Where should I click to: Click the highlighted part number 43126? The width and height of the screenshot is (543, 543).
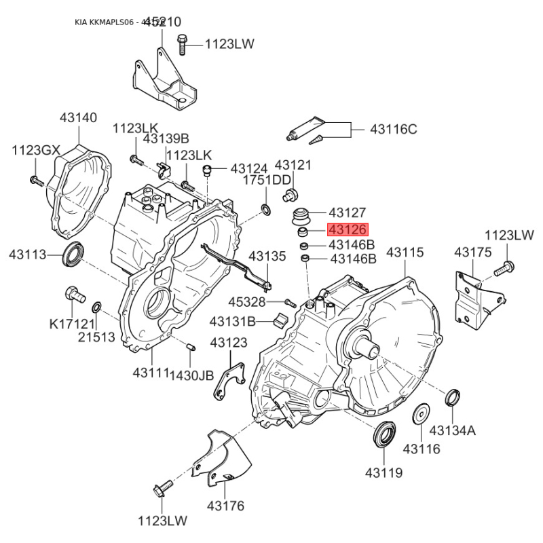tap(348, 231)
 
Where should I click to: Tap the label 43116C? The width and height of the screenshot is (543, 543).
tap(393, 129)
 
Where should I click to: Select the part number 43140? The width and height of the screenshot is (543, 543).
tap(78, 117)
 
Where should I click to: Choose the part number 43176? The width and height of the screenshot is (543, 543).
tap(225, 506)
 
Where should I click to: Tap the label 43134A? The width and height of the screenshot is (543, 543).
tap(453, 430)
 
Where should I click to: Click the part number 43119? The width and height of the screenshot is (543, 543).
tap(383, 472)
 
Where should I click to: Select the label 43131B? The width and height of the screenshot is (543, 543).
tap(232, 320)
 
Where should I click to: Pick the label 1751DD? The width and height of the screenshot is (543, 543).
tap(267, 180)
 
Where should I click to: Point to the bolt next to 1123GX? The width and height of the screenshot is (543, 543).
tap(36, 181)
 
